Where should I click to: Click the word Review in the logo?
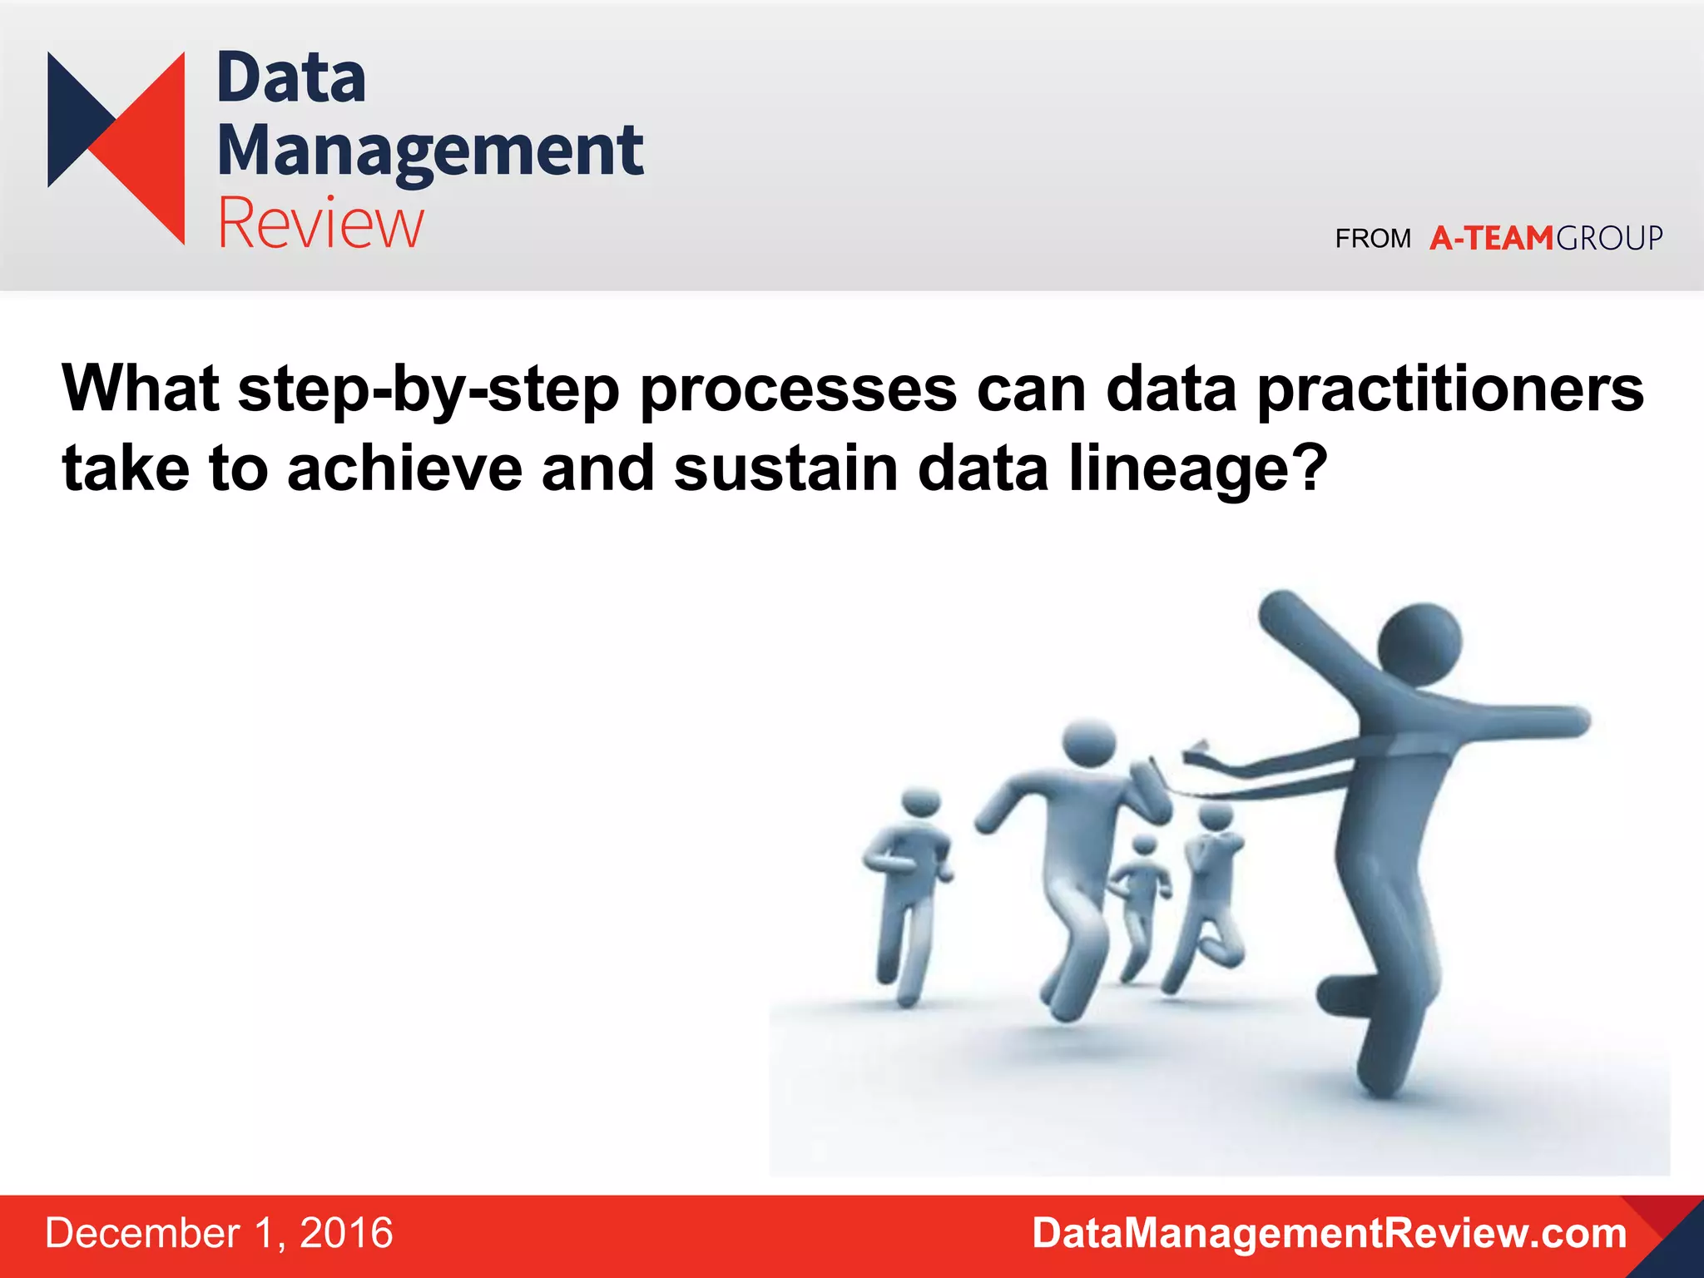[x=320, y=223]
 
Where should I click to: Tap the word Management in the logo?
[x=429, y=151]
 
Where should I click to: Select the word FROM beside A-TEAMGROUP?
[x=1373, y=239]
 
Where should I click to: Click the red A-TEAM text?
[x=1491, y=239]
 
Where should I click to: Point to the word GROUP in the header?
[x=1609, y=239]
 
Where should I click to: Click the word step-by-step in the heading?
[x=428, y=389]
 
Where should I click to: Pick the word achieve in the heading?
[x=404, y=468]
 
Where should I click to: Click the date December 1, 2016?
[x=219, y=1233]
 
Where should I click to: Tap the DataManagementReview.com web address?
[x=1329, y=1233]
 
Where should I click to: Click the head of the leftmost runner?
[x=921, y=801]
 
